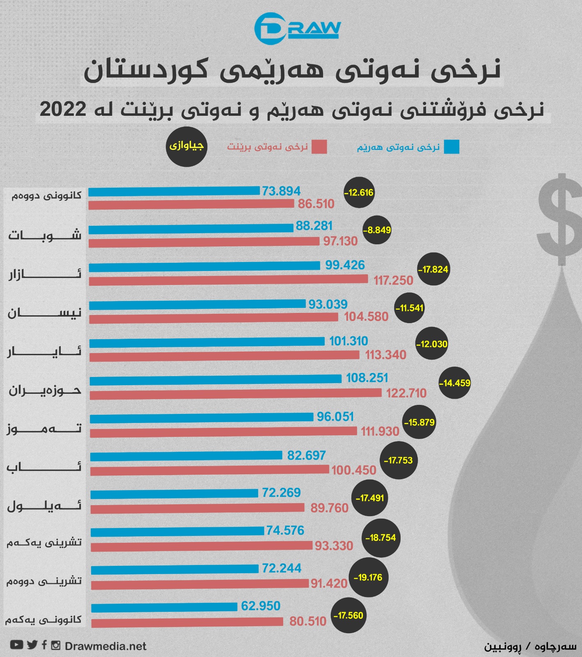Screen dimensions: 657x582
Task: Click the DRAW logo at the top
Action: pos(297,28)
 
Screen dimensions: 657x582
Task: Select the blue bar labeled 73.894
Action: pos(174,191)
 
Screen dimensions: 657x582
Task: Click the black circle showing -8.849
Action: pos(377,230)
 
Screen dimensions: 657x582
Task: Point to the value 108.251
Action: pos(367,378)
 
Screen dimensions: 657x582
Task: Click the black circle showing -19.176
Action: pos(368,577)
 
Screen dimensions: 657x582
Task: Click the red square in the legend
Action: pos(319,147)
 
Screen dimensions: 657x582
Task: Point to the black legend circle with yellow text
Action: pos(186,146)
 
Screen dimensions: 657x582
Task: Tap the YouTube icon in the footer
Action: pos(16,645)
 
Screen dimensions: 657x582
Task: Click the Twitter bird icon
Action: pos(32,645)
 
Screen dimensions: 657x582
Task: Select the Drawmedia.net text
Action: pos(105,646)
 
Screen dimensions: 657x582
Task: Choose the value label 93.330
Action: pos(334,546)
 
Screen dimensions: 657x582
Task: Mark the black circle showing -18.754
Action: pos(381,538)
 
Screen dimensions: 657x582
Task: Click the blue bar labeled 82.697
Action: pos(186,456)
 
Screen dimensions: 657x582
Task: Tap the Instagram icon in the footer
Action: pos(55,645)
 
